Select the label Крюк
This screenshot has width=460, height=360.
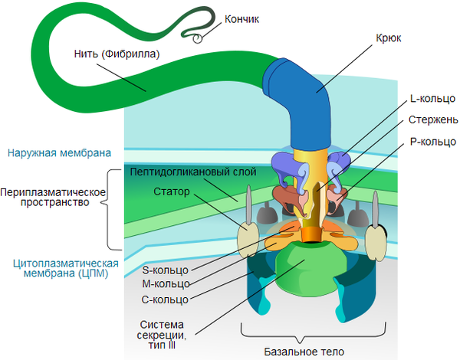389,37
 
